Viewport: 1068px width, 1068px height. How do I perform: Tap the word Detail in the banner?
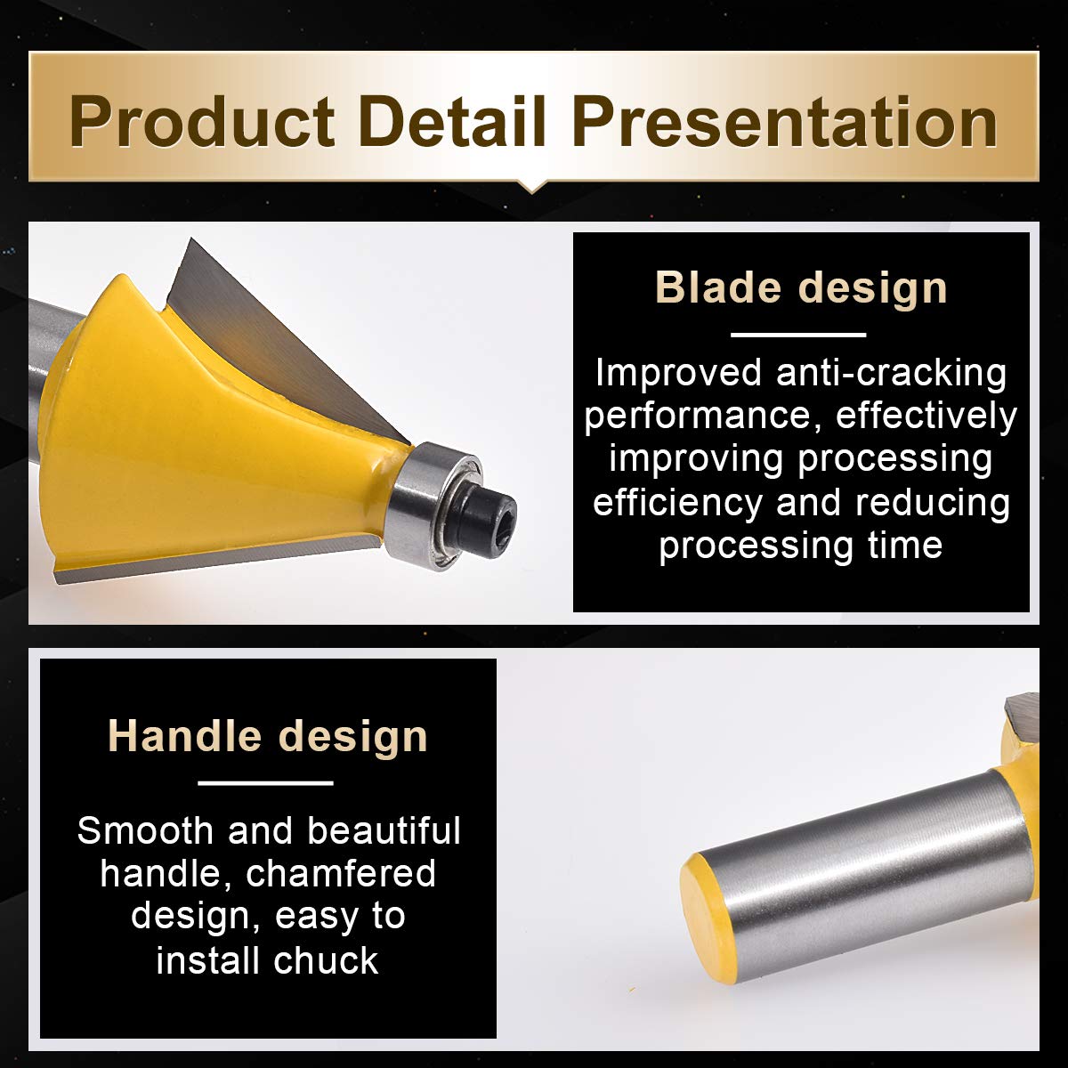[453, 121]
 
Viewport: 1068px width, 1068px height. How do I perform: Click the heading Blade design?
[801, 287]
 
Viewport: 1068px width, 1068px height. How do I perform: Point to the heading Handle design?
[268, 736]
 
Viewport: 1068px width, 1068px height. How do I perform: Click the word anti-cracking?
[891, 372]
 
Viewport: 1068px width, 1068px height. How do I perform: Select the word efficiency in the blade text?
[678, 503]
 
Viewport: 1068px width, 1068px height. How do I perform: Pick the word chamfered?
[341, 873]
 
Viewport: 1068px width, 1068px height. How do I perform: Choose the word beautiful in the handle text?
[384, 830]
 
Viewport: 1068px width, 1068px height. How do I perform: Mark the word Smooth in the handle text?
[145, 830]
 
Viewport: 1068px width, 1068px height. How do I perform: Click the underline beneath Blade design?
[798, 335]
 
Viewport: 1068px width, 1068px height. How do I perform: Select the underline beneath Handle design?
[265, 783]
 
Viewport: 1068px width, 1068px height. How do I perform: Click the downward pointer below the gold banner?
[532, 186]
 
